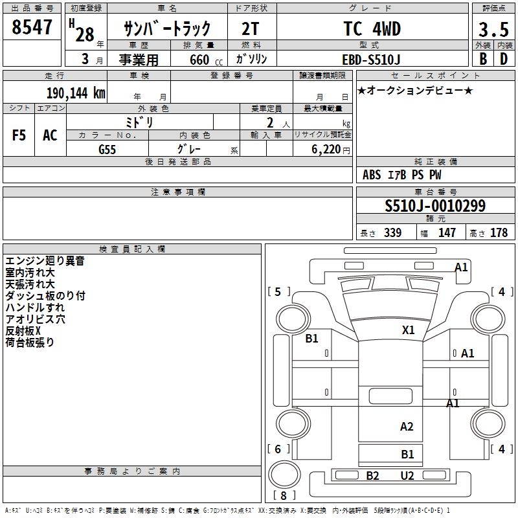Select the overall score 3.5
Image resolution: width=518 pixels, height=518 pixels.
[491, 30]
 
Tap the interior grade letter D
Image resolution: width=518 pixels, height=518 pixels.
[503, 58]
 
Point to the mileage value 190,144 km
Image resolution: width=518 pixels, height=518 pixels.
[76, 93]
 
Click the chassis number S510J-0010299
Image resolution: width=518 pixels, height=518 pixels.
[435, 207]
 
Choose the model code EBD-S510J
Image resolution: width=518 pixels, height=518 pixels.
[372, 58]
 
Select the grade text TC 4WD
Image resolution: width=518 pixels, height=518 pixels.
[372, 29]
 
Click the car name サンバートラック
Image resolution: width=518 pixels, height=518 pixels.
[168, 29]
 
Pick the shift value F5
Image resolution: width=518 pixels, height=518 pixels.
[19, 135]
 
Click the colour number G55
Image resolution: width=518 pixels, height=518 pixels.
[107, 150]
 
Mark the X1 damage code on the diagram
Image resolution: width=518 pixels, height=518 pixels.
[408, 330]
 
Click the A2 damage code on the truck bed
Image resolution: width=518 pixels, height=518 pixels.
[407, 427]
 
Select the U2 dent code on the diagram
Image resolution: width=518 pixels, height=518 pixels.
[407, 476]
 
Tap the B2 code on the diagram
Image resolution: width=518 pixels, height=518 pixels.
[372, 476]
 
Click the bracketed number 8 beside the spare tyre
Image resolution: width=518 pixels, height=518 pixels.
[284, 496]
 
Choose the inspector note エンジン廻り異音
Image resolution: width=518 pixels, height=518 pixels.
[45, 261]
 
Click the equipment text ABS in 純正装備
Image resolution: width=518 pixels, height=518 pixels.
[372, 175]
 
